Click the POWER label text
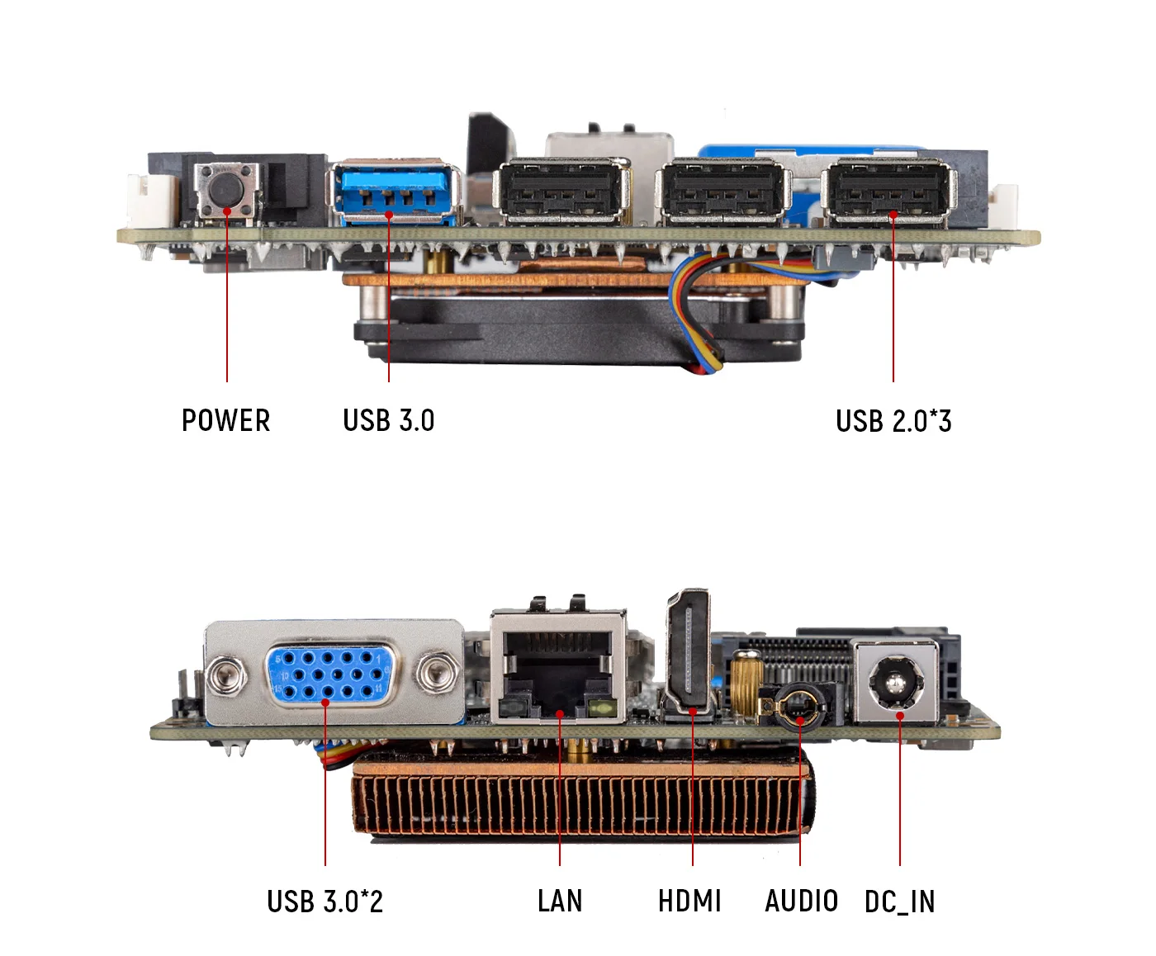coord(225,420)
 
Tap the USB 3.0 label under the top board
coord(388,420)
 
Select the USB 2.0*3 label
coord(893,421)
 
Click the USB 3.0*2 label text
coord(325,901)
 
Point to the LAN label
coord(560,901)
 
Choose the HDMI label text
coord(689,901)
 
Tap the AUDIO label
coord(801,901)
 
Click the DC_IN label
coord(899,902)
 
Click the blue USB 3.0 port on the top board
coord(395,195)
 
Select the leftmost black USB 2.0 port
coord(560,192)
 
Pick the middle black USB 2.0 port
coord(722,192)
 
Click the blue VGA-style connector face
coord(329,674)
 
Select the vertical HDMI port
coord(689,651)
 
